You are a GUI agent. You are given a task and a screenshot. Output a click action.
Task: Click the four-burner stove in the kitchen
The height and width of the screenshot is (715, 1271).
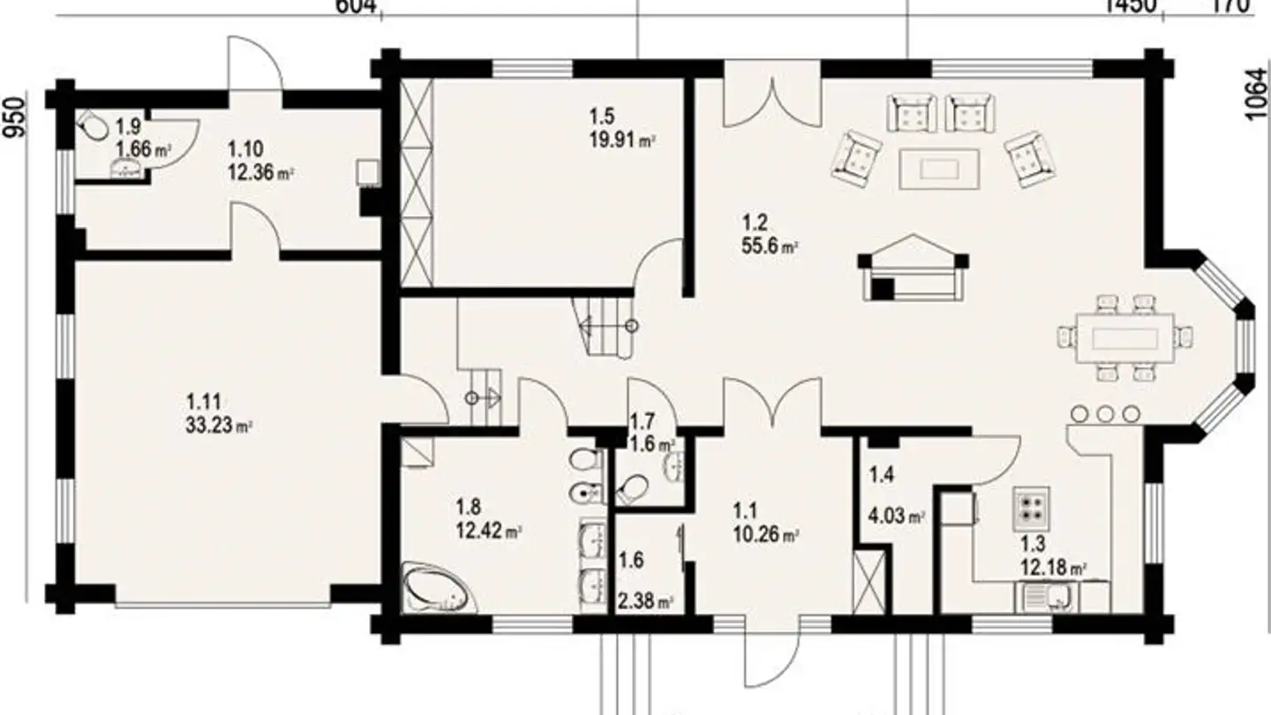[x=1030, y=506]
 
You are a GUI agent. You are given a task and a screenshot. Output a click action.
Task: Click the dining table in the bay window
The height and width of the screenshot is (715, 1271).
[x=1124, y=338]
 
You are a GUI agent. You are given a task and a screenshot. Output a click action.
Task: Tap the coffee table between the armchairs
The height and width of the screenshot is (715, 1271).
[x=939, y=169]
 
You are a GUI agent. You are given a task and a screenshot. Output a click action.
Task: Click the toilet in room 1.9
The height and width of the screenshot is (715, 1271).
[x=93, y=127]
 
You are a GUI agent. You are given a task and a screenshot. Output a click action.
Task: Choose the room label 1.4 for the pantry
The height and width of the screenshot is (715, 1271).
[x=881, y=476]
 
